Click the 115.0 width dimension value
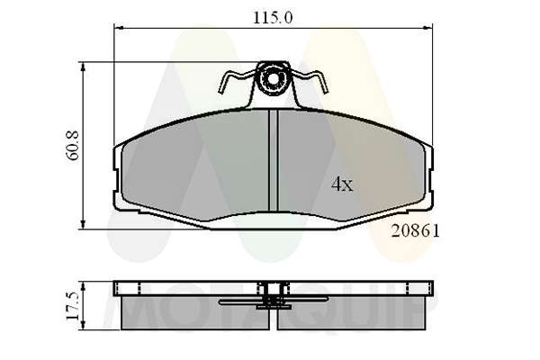(273, 18)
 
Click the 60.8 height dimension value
(73, 146)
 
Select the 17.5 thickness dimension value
(73, 306)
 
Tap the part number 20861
(415, 231)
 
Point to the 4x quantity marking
(342, 184)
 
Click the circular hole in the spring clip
(273, 79)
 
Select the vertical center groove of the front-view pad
(273, 160)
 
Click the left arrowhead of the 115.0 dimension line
(119, 28)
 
